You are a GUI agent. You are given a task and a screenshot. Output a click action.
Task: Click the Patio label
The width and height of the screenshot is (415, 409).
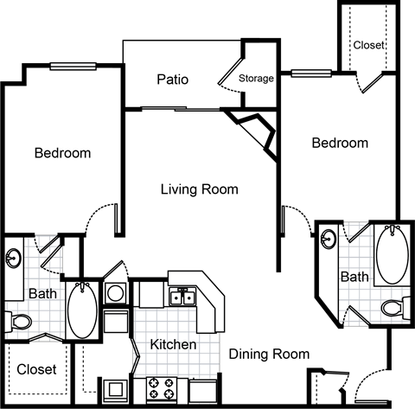coord(173,80)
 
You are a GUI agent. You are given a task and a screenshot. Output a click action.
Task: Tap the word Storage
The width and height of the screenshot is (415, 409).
coord(256,79)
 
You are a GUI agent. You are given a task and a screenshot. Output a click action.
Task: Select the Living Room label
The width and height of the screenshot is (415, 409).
coord(199,189)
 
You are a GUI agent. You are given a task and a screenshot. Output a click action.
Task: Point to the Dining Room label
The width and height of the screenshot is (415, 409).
coord(269,353)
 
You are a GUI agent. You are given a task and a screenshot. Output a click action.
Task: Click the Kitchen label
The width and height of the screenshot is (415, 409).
coord(173,345)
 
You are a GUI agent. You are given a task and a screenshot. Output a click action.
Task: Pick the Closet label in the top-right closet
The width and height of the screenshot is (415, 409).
coord(369,44)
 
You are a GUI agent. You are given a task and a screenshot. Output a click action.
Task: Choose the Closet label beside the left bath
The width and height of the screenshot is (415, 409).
coord(36,369)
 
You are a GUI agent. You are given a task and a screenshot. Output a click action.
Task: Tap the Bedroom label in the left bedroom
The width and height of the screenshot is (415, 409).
coord(62,154)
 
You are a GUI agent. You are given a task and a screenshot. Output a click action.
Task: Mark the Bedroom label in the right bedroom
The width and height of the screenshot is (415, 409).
coord(340,143)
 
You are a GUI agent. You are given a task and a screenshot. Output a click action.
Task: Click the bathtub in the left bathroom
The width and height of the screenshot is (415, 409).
coord(83,310)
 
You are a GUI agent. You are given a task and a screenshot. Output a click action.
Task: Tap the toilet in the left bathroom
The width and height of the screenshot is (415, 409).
coord(19,321)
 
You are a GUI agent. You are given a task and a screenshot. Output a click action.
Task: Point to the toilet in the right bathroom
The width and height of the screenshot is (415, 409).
coord(393,307)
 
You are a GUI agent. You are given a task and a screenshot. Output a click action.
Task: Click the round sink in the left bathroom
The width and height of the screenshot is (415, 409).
coord(15,259)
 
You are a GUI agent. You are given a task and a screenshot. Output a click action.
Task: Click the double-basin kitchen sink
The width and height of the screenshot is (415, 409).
coord(182,297)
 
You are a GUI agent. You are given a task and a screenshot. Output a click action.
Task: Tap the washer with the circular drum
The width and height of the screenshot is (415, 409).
coord(115,294)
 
